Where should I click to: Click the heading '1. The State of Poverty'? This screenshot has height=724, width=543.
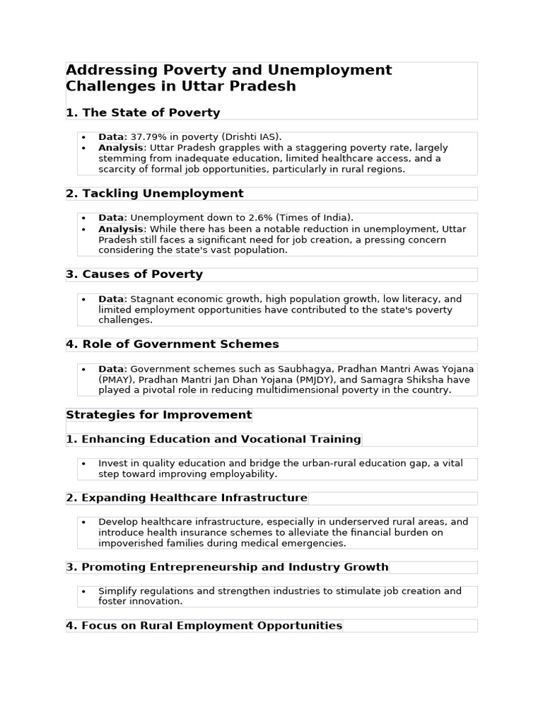(143, 112)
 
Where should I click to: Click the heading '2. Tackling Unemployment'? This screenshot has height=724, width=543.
(154, 194)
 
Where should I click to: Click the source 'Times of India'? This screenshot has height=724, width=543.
(317, 218)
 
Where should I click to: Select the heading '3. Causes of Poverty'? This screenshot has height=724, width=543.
(134, 274)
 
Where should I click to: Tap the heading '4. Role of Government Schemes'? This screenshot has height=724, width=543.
(173, 344)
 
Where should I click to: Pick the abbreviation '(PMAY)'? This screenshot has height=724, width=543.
(115, 380)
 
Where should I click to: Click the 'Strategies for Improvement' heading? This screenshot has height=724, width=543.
(158, 415)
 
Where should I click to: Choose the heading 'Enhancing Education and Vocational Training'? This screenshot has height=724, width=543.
(214, 440)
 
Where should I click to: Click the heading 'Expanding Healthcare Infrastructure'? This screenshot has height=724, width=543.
(187, 498)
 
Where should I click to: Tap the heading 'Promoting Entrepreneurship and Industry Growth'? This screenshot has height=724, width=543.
(227, 567)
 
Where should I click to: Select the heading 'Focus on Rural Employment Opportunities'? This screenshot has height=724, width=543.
(204, 626)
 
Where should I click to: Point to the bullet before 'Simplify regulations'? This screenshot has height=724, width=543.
(83, 592)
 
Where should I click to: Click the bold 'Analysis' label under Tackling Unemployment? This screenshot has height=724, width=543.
(121, 229)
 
